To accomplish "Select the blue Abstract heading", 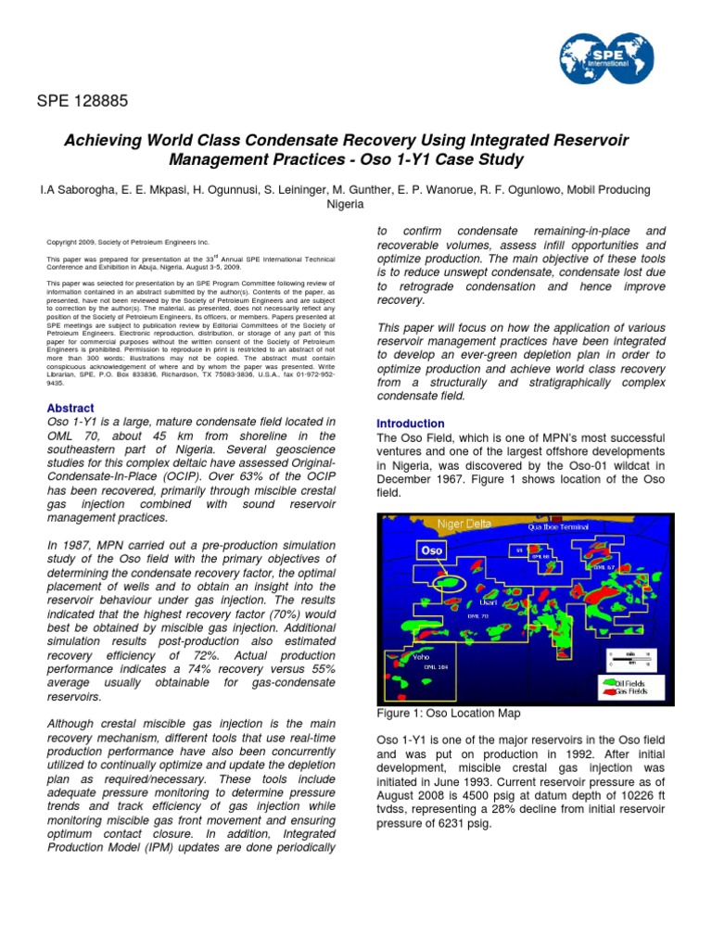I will coord(70,408).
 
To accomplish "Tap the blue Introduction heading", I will coord(411,424).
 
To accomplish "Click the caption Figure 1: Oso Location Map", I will coord(449,714).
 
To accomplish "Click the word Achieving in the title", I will coord(102,140).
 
